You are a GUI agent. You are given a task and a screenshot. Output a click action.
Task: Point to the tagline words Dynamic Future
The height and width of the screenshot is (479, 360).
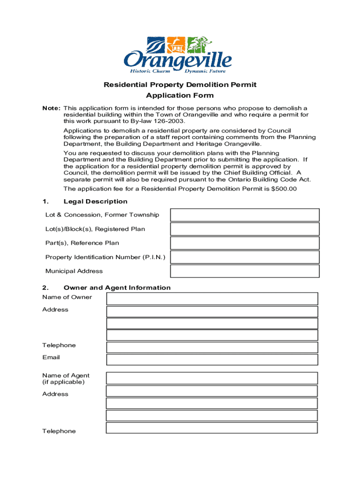click(x=205, y=71)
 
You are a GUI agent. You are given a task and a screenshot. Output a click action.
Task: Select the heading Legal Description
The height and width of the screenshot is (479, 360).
click(x=95, y=202)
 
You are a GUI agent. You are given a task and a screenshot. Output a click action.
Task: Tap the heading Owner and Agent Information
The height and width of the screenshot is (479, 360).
click(x=117, y=288)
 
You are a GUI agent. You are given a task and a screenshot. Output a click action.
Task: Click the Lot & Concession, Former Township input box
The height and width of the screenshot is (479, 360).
click(x=245, y=215)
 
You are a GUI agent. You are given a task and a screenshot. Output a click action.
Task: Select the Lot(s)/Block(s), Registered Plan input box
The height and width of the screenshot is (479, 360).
click(x=245, y=229)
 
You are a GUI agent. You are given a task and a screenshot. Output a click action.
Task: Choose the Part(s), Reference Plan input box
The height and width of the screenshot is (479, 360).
click(x=245, y=243)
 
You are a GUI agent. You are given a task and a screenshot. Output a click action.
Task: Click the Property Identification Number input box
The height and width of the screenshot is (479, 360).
click(x=245, y=257)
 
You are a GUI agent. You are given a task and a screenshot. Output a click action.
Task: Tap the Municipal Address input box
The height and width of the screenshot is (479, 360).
click(x=245, y=271)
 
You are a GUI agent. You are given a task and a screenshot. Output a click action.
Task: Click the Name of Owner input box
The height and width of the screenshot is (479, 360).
click(x=212, y=298)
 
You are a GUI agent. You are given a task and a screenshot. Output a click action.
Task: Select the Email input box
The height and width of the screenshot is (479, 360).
click(x=212, y=359)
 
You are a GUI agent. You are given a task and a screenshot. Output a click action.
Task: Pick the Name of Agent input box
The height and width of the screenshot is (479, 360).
click(x=212, y=378)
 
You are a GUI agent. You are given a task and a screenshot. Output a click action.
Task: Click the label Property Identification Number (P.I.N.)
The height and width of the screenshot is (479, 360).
click(x=105, y=257)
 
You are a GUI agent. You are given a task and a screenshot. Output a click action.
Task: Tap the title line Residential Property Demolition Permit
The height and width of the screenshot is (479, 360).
click(x=180, y=85)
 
